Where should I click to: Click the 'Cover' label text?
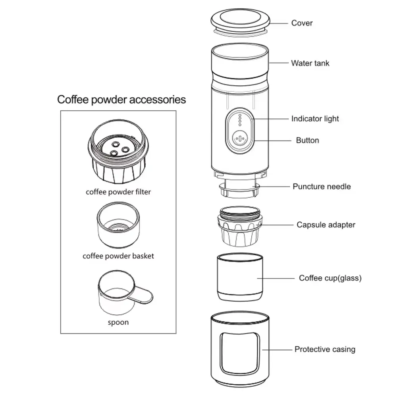tap(302, 23)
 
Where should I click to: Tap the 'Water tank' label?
tap(310, 63)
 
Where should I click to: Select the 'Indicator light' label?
tap(315, 119)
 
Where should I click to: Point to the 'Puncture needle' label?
tap(322, 186)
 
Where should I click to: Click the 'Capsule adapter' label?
tap(326, 225)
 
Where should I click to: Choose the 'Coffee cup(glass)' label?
tap(330, 278)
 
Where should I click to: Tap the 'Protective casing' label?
tap(325, 349)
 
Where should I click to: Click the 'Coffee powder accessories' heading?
tap(121, 99)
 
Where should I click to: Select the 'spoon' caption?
tap(118, 322)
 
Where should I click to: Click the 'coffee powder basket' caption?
tap(118, 256)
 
